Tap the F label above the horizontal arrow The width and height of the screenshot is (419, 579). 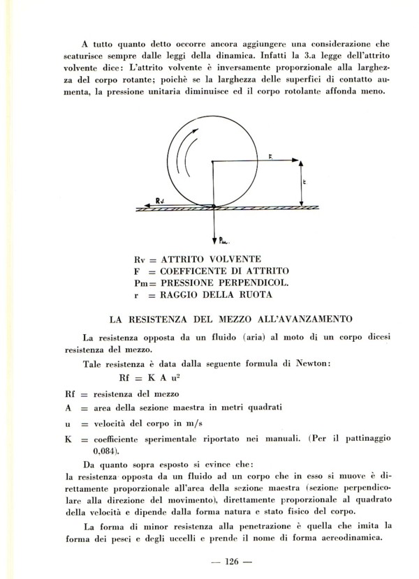pyautogui.click(x=270, y=156)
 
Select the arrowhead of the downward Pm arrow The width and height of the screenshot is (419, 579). pyautogui.click(x=214, y=234)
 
